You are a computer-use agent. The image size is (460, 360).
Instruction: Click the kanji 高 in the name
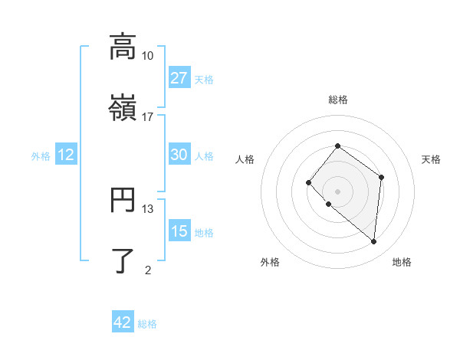pos(122,47)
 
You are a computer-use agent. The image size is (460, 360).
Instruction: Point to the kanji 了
pos(122,260)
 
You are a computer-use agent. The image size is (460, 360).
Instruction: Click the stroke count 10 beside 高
pos(148,56)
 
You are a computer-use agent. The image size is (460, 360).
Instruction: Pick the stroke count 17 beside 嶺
pos(148,116)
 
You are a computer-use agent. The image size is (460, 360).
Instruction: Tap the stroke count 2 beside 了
pos(148,270)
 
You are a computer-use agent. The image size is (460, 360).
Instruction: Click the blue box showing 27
pos(179,78)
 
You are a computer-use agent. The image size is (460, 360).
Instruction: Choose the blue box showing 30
pos(179,155)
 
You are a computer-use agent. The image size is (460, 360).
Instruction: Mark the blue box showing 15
pos(179,231)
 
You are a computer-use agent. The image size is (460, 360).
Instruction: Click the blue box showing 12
pos(66,155)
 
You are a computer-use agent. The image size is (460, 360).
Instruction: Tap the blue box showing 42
pos(123,322)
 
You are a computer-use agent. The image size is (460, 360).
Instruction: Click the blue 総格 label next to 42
pos(147,324)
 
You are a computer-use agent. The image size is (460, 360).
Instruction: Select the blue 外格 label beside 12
pos(41,156)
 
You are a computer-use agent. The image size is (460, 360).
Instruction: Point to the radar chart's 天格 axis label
pos(431,159)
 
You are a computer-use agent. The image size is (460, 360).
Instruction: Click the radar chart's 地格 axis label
pos(402,263)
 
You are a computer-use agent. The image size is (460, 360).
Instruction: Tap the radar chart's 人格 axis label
pos(245,159)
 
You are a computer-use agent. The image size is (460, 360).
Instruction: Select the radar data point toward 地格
pos(374,242)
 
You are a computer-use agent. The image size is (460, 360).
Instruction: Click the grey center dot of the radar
pos(337,191)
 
